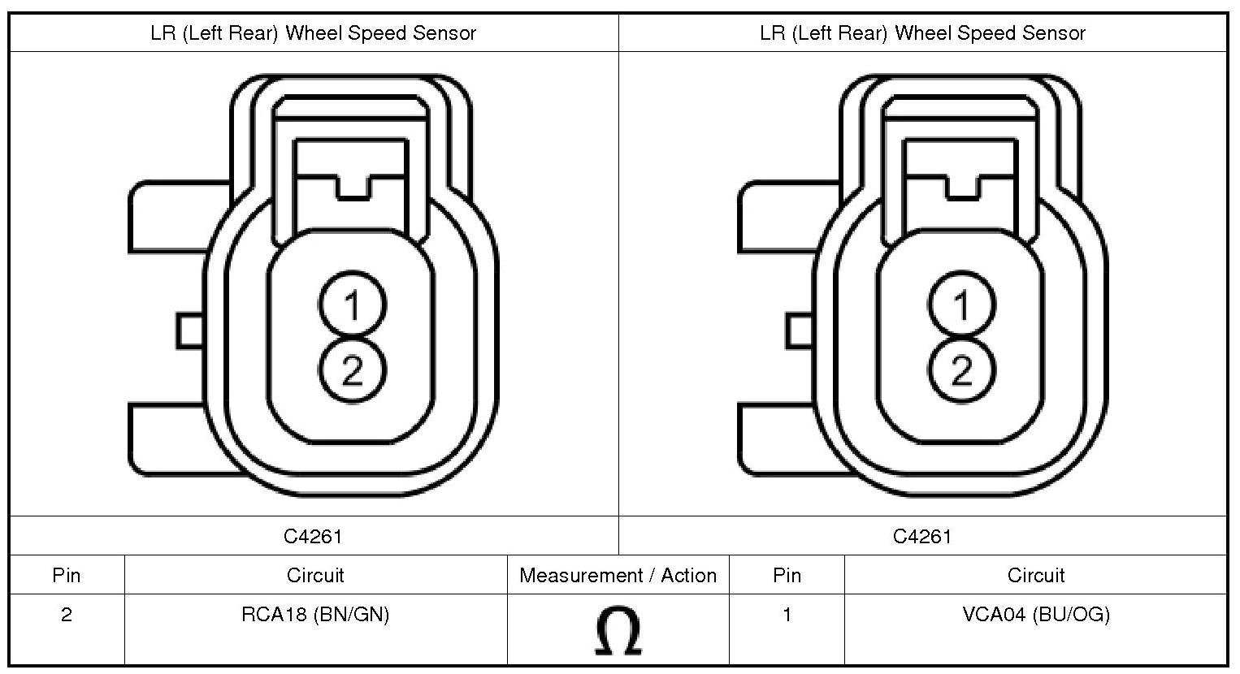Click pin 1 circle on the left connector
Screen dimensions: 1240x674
pyautogui.click(x=352, y=306)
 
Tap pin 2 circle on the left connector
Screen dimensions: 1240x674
pyautogui.click(x=352, y=371)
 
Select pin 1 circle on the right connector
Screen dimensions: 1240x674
pyautogui.click(x=961, y=306)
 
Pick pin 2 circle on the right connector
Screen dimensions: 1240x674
pyautogui.click(x=961, y=371)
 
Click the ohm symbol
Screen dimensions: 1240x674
pyautogui.click(x=618, y=631)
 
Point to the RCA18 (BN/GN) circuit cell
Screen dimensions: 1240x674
pyautogui.click(x=315, y=615)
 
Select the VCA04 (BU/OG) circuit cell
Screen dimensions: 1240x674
pyautogui.click(x=1035, y=615)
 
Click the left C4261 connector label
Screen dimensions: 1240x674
pyautogui.click(x=313, y=536)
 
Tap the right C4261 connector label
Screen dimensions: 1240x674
pyautogui.click(x=922, y=536)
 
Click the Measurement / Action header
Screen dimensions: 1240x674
pyautogui.click(x=618, y=576)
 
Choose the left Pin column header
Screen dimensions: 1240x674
pyautogui.click(x=67, y=576)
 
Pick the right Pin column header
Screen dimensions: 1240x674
pyautogui.click(x=787, y=576)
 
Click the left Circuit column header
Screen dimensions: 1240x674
pyautogui.click(x=315, y=576)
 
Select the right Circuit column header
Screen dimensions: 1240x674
pyautogui.click(x=1035, y=576)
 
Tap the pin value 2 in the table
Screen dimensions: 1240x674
pyautogui.click(x=67, y=615)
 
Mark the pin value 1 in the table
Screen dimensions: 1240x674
pyautogui.click(x=787, y=615)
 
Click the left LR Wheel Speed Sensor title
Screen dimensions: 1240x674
pyautogui.click(x=313, y=33)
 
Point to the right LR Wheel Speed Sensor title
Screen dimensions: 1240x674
pyautogui.click(x=922, y=33)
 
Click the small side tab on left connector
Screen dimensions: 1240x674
pyautogui.click(x=189, y=331)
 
